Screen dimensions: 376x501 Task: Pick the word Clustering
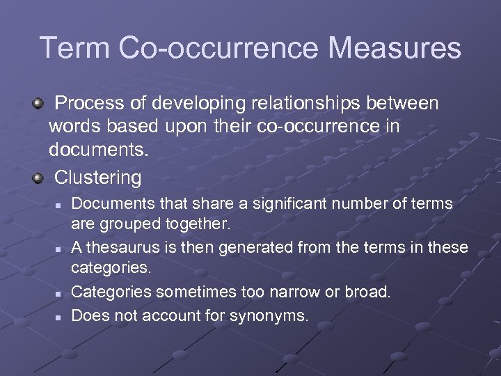click(x=97, y=178)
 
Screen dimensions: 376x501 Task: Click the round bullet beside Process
click(x=38, y=104)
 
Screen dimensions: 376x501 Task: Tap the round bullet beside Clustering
click(x=38, y=178)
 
